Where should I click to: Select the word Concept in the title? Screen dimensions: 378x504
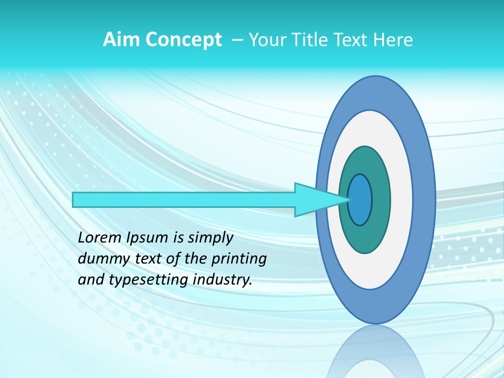(184, 40)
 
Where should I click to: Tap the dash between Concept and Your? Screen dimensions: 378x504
(237, 40)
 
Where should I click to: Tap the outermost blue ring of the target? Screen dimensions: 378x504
(425, 200)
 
